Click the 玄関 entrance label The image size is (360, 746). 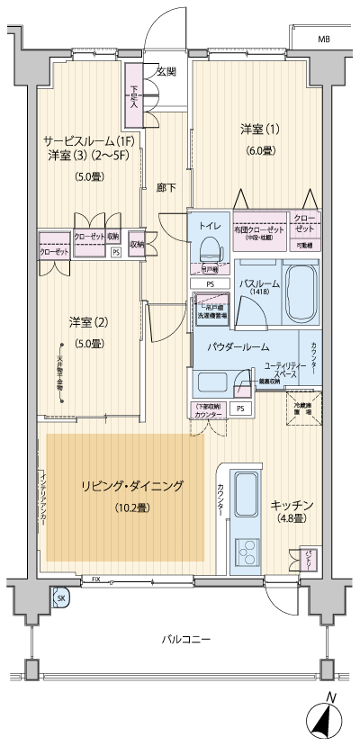click(166, 70)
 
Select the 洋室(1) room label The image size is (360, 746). click(259, 128)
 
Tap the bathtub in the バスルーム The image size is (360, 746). click(299, 287)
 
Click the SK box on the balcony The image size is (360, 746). click(61, 598)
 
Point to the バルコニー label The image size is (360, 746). click(186, 639)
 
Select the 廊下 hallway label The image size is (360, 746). click(166, 187)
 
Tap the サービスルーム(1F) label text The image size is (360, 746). click(90, 141)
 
